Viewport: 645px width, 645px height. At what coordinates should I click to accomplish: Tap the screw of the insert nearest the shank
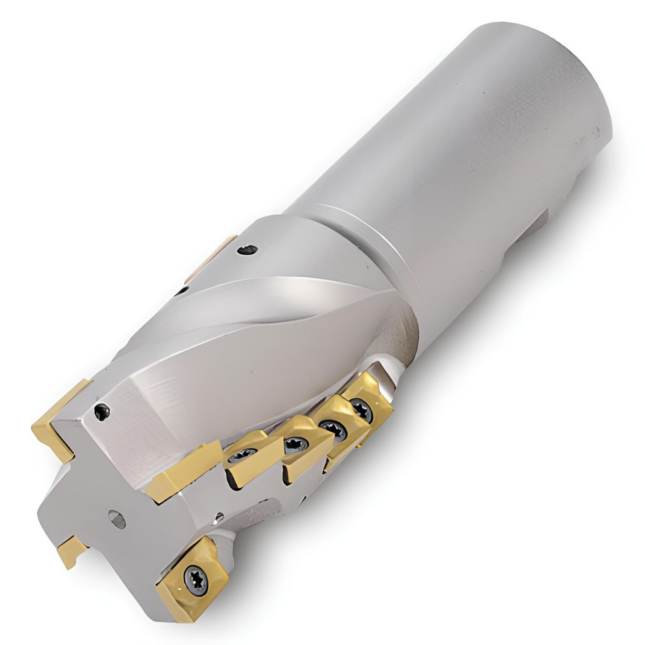[x=361, y=411]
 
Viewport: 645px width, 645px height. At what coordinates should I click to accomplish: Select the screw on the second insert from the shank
[x=332, y=428]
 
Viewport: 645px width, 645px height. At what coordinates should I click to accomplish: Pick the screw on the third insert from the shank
[x=297, y=444]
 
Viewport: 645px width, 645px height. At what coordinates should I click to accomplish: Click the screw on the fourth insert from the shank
[x=243, y=455]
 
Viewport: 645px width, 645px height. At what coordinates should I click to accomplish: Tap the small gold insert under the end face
[x=70, y=552]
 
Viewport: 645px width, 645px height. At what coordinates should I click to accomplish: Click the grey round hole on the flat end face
[x=117, y=519]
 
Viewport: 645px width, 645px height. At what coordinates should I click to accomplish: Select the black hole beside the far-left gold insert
[x=102, y=412]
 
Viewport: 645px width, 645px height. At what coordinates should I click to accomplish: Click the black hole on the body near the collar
[x=246, y=248]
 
